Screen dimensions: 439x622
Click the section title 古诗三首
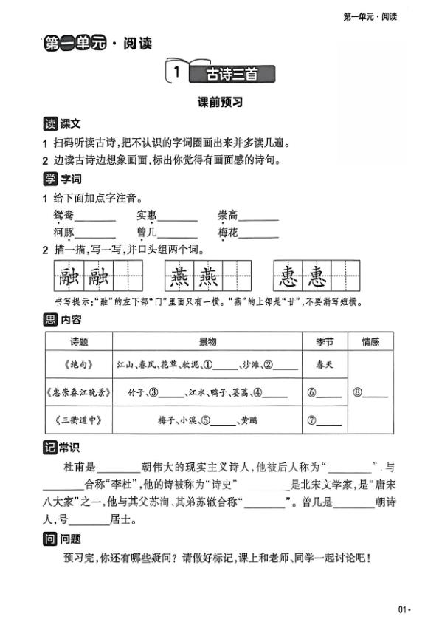[x=232, y=73]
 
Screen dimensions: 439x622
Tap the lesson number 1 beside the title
[x=176, y=72]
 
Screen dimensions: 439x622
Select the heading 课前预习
[x=220, y=103]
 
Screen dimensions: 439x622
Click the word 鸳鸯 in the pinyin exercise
[x=63, y=216]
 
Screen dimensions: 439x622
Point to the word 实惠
[x=146, y=216]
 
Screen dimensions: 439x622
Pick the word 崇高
[x=227, y=216]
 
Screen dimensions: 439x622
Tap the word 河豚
[x=63, y=233]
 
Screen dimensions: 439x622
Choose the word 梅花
[x=227, y=233]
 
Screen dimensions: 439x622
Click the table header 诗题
[x=78, y=342]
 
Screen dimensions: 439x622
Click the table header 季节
[x=324, y=342]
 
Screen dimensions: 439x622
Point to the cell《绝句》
[x=78, y=364]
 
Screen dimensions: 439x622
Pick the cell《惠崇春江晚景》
[x=78, y=392]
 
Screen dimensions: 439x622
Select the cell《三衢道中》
[x=78, y=420]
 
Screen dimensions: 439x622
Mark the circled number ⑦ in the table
[x=312, y=421]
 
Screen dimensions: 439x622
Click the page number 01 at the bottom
[x=402, y=609]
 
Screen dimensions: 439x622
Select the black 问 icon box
[x=50, y=539]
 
